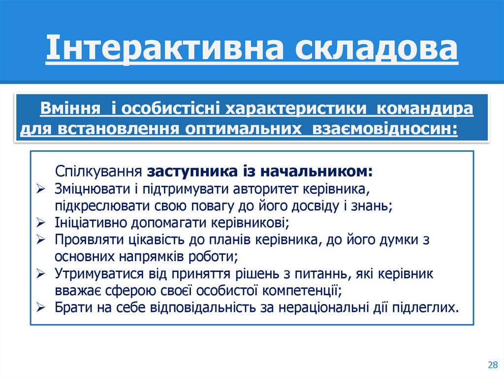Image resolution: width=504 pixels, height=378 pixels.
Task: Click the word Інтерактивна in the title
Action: [x=165, y=50]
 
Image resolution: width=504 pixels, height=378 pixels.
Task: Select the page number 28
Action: [x=492, y=365]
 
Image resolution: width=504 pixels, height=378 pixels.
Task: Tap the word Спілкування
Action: [x=98, y=172]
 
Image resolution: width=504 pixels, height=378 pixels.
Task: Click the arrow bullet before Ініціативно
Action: [x=41, y=223]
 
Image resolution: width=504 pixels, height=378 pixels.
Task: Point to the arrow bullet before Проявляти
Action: [x=41, y=240]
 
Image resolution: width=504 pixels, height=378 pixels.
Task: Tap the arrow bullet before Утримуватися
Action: [x=41, y=274]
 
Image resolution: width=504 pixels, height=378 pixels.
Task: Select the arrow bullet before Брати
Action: [x=41, y=308]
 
